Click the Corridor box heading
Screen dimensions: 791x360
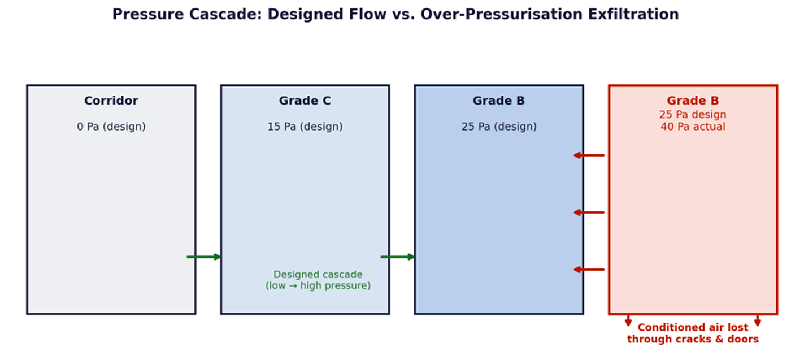[x=111, y=101]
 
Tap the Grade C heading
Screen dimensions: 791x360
[x=305, y=101]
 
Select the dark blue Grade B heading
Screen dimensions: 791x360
[x=499, y=101]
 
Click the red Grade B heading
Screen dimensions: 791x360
[x=693, y=101]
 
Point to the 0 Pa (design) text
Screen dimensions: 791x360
[x=111, y=127]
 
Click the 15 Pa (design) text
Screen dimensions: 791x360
[x=305, y=127]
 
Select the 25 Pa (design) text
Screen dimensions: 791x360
[x=499, y=127]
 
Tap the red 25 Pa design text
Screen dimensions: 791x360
[x=693, y=115]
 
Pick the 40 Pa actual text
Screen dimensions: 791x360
[x=693, y=127]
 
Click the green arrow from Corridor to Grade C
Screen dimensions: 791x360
[x=204, y=257]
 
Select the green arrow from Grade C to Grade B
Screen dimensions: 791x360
[x=398, y=257]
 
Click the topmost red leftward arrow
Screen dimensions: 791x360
[x=589, y=155]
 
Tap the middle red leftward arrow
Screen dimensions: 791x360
[x=589, y=212]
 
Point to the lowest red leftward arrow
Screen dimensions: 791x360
[x=589, y=270]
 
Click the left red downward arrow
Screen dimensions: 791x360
[x=628, y=320]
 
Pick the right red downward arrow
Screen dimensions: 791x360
[x=758, y=320]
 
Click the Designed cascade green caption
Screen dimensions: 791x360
[x=318, y=280]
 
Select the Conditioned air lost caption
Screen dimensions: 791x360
[x=693, y=333]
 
